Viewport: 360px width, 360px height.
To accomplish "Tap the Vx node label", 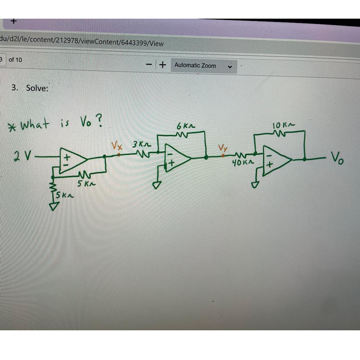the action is click(x=117, y=145).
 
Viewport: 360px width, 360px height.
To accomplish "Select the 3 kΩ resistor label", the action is click(x=141, y=144).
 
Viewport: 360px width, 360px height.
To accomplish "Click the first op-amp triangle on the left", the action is click(x=72, y=161).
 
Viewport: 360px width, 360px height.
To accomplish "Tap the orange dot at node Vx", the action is click(x=119, y=154).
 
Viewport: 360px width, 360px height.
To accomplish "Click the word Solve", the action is click(x=37, y=88).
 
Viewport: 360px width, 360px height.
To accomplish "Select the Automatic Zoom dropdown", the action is click(x=204, y=66).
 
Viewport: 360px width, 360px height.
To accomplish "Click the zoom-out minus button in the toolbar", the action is click(x=149, y=65).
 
